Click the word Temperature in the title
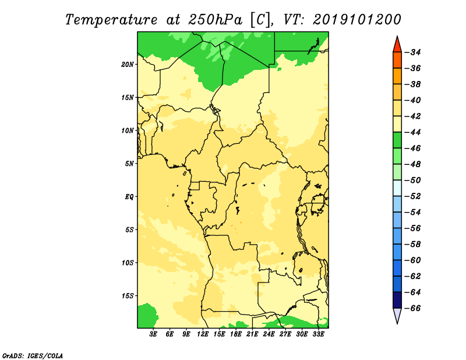pos(111,20)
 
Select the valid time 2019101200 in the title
pos(357,20)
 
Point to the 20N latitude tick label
pos(128,65)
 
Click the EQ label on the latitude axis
pos(129,197)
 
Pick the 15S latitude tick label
pos(128,296)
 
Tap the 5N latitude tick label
pos(129,164)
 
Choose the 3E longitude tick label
pos(153,334)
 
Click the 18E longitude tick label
pos(236,334)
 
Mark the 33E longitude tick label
pos(318,334)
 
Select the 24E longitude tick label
pos(269,334)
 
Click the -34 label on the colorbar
pos(413,52)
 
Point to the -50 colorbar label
pos(413,181)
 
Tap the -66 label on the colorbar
pos(413,308)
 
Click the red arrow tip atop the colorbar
pos(397,36)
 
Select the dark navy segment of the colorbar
pos(397,300)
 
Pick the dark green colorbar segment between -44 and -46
pos(397,140)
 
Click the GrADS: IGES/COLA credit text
pos(33,356)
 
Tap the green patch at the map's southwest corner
pos(146,316)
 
